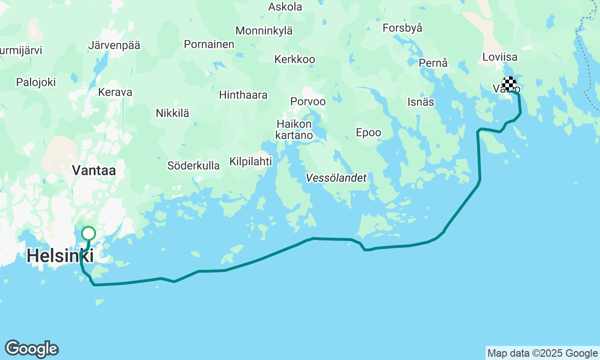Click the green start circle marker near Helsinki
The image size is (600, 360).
tap(89, 233)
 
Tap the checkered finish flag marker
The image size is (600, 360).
tap(509, 83)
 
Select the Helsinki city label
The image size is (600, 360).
tap(60, 256)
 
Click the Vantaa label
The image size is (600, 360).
tap(94, 171)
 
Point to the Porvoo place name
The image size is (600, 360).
tap(308, 101)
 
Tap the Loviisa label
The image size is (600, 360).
tap(500, 57)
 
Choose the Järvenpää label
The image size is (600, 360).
tap(114, 45)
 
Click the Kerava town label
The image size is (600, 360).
tap(115, 92)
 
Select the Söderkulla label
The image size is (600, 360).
tap(194, 165)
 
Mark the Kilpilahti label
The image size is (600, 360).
tap(250, 161)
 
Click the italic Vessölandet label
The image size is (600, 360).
tap(336, 178)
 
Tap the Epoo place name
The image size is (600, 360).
tap(368, 133)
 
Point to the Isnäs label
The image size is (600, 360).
tap(421, 102)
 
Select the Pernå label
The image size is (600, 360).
tap(433, 63)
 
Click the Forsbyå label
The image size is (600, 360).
tap(402, 28)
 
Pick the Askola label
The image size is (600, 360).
tap(285, 7)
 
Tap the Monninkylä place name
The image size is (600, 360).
tap(264, 31)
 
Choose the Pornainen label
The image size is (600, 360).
tap(209, 44)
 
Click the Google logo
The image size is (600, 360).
tap(32, 349)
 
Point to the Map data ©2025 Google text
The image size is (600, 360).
tap(542, 353)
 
